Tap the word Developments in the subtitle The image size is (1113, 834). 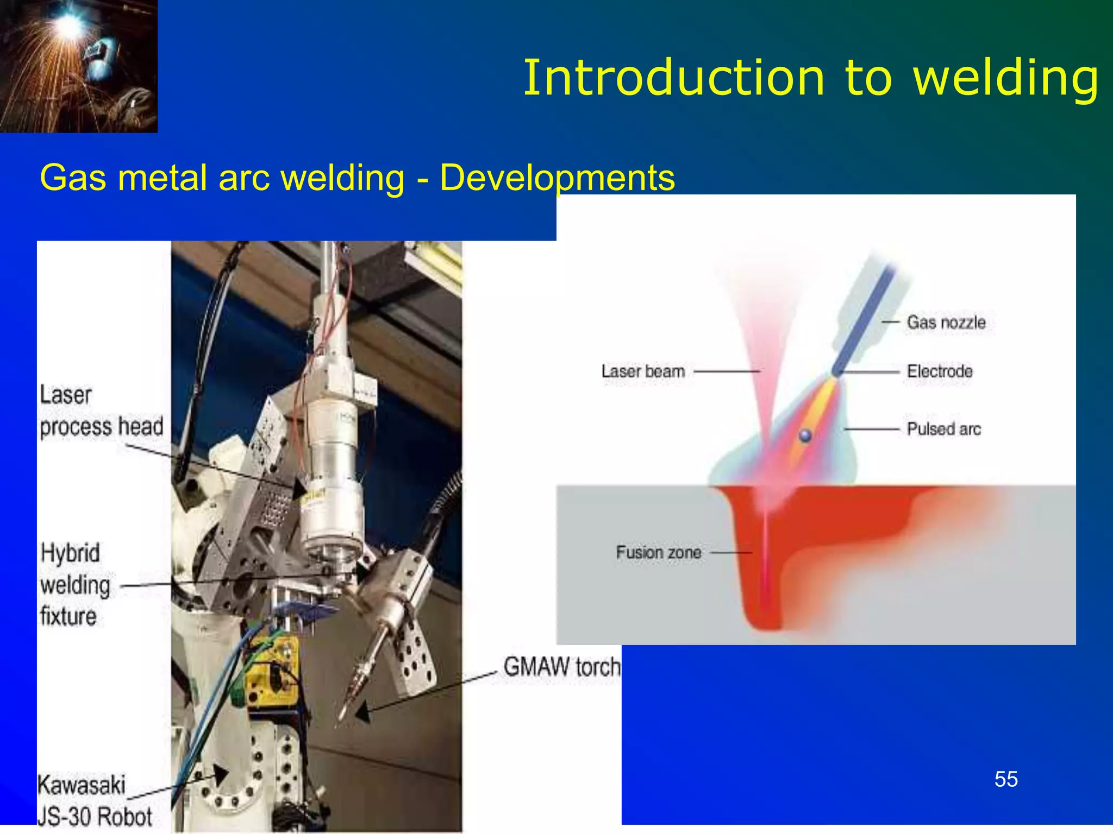click(x=557, y=178)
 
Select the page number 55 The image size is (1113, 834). click(x=1006, y=779)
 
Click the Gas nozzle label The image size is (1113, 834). click(x=946, y=322)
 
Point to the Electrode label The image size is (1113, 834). click(x=939, y=371)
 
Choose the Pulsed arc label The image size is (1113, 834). click(x=943, y=429)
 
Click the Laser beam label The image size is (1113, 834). click(x=642, y=371)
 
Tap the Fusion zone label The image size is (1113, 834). click(x=658, y=552)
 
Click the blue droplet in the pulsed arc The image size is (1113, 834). click(x=805, y=435)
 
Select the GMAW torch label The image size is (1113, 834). click(x=561, y=667)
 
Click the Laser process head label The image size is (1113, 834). click(x=101, y=411)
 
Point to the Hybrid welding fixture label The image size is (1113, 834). click(x=75, y=585)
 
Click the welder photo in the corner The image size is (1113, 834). click(x=78, y=66)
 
